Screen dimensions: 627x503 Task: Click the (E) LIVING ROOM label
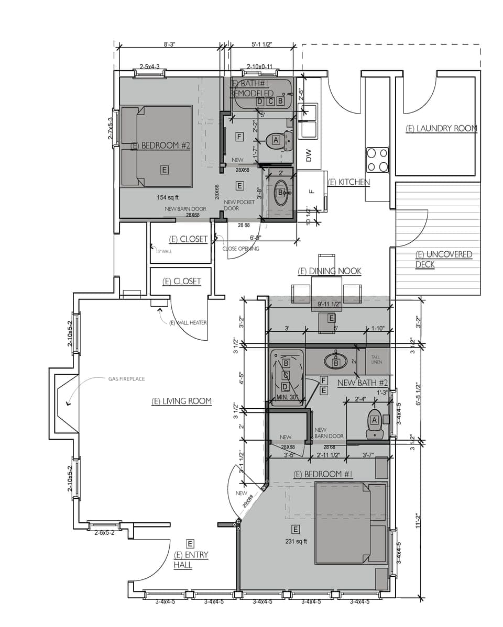coord(181,401)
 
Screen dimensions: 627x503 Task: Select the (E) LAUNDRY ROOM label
coord(441,128)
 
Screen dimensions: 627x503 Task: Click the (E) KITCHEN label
coord(348,182)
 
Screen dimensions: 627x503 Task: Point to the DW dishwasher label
coord(309,155)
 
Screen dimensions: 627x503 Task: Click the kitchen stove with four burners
coord(377,160)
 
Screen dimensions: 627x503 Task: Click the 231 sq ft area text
coord(296,541)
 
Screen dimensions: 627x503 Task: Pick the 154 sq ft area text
coord(168,197)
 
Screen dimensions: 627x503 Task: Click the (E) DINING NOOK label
coord(329,271)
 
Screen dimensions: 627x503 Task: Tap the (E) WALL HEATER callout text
coord(188,323)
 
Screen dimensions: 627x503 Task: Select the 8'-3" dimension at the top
coord(169,45)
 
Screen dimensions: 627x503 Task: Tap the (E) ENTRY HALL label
coord(191,560)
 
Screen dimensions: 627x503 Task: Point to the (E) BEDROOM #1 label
coord(323,475)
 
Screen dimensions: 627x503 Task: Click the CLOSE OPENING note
coord(240,249)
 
